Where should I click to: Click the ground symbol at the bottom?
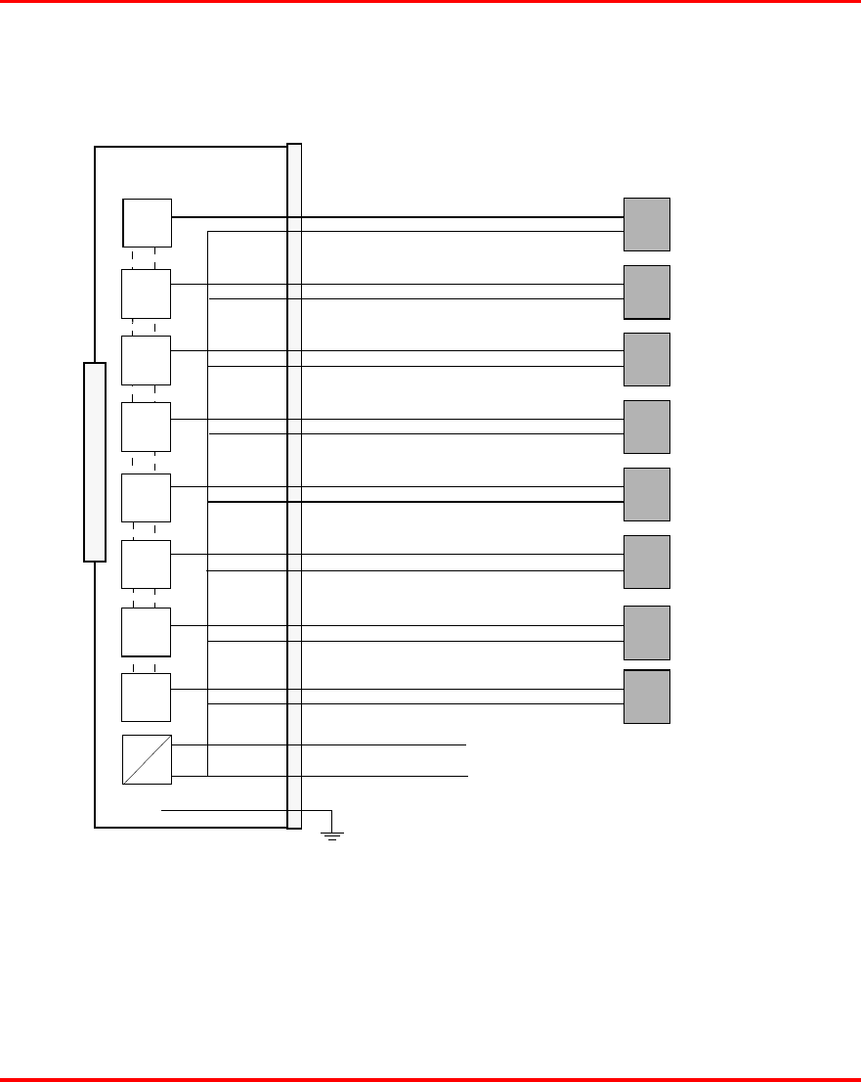[x=332, y=834]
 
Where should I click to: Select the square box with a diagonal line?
[x=147, y=759]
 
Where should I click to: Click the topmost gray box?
[x=647, y=224]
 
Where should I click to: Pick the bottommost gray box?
[x=647, y=697]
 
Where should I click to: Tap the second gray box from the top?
[x=647, y=292]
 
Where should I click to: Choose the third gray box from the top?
[x=647, y=359]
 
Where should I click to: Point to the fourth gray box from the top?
[x=647, y=427]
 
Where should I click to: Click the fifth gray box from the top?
[x=647, y=494]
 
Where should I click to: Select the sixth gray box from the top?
[x=647, y=562]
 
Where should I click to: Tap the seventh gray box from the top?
[x=647, y=632]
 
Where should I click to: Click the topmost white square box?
[x=147, y=223]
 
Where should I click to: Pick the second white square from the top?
[x=147, y=293]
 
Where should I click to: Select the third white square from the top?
[x=147, y=360]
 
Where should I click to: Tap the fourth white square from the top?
[x=147, y=427]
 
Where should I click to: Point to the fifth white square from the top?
[x=147, y=498]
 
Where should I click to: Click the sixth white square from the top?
[x=147, y=564]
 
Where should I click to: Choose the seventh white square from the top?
[x=147, y=632]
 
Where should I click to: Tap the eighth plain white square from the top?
[x=147, y=698]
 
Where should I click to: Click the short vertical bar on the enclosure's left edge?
[x=94, y=462]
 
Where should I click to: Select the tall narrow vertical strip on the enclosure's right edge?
[x=294, y=486]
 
